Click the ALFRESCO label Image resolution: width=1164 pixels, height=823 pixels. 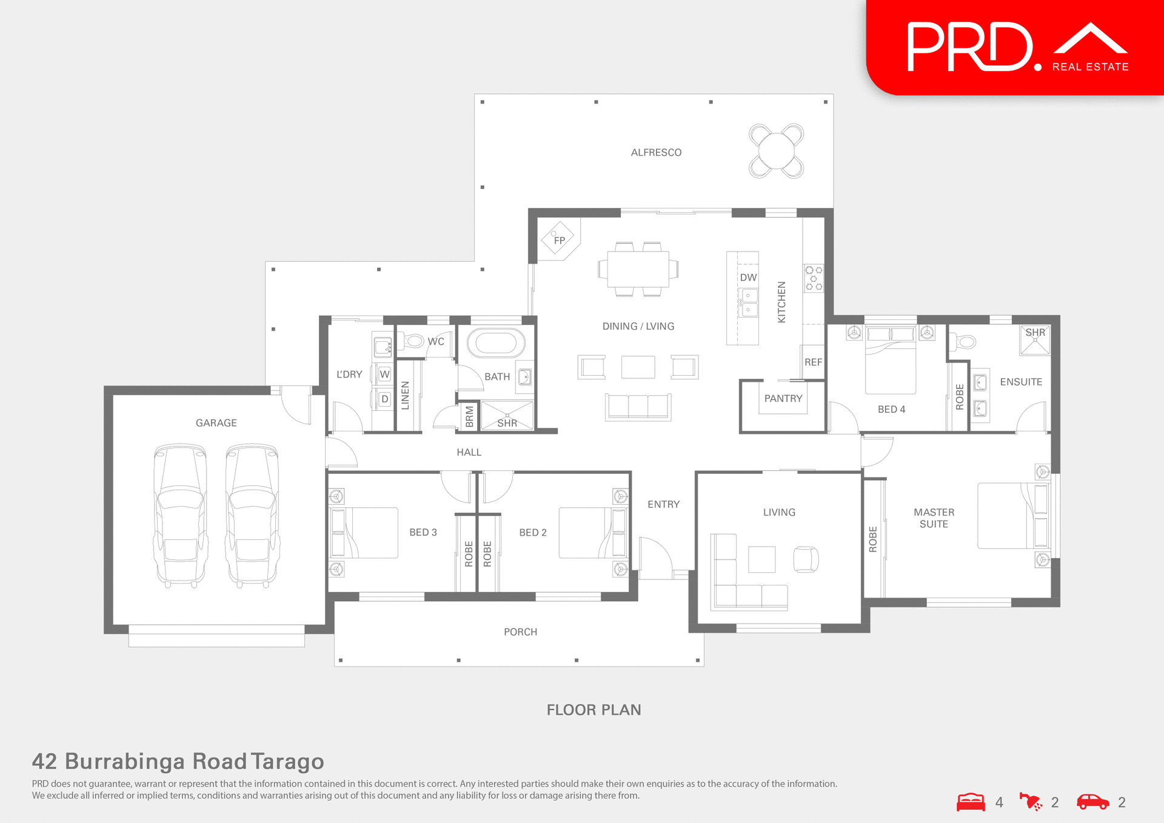[x=656, y=153]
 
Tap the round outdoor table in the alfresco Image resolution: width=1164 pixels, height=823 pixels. [x=776, y=151]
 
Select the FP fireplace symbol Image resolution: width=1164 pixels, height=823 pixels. [x=558, y=239]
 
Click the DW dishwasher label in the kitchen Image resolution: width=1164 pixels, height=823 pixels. [x=748, y=278]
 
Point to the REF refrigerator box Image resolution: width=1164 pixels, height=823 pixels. [x=813, y=362]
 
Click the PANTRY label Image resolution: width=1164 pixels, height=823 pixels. [x=783, y=398]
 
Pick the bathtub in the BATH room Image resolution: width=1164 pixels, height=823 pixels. [x=496, y=342]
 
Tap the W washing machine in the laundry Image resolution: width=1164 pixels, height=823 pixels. [x=384, y=374]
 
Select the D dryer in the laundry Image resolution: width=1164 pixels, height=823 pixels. [x=384, y=399]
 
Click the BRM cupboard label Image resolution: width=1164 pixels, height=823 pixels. [x=469, y=416]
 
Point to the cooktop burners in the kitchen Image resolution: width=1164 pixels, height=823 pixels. [x=814, y=278]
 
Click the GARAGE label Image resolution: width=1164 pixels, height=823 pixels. [x=216, y=423]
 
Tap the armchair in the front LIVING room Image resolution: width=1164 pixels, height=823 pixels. [x=806, y=559]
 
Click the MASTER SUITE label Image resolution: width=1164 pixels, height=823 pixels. [x=934, y=518]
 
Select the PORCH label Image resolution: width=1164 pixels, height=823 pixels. [x=520, y=632]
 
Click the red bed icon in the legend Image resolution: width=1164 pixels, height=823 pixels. [x=971, y=802]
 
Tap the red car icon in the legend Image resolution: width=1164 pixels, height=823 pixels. [x=1092, y=802]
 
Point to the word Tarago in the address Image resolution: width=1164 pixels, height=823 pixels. [x=287, y=761]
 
